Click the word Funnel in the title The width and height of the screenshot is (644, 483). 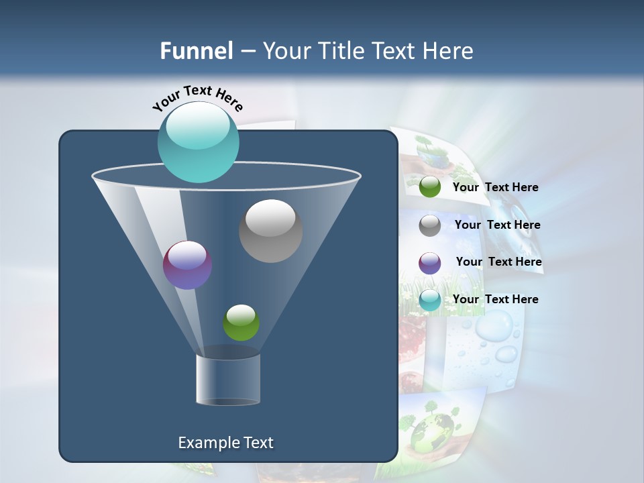pyautogui.click(x=197, y=51)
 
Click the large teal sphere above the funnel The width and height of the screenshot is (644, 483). pyautogui.click(x=199, y=142)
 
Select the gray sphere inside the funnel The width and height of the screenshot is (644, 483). pyautogui.click(x=270, y=231)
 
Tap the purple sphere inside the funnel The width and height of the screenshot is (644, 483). pyautogui.click(x=188, y=265)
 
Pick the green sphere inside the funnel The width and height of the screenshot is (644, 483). pyautogui.click(x=241, y=323)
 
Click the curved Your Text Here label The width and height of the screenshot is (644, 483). pyautogui.click(x=198, y=98)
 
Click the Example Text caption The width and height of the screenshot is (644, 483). pyautogui.click(x=225, y=443)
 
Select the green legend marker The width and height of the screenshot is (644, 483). pyautogui.click(x=430, y=187)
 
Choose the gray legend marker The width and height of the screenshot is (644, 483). pyautogui.click(x=430, y=225)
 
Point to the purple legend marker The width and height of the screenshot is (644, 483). pyautogui.click(x=430, y=263)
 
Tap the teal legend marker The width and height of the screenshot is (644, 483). pyautogui.click(x=430, y=300)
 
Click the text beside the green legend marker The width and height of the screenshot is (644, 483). pyautogui.click(x=495, y=187)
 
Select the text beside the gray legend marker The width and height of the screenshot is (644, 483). pyautogui.click(x=497, y=225)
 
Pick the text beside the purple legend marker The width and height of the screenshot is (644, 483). pyautogui.click(x=498, y=262)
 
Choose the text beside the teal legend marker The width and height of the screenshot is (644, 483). pyautogui.click(x=495, y=299)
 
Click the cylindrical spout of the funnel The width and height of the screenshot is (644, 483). pyautogui.click(x=228, y=379)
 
